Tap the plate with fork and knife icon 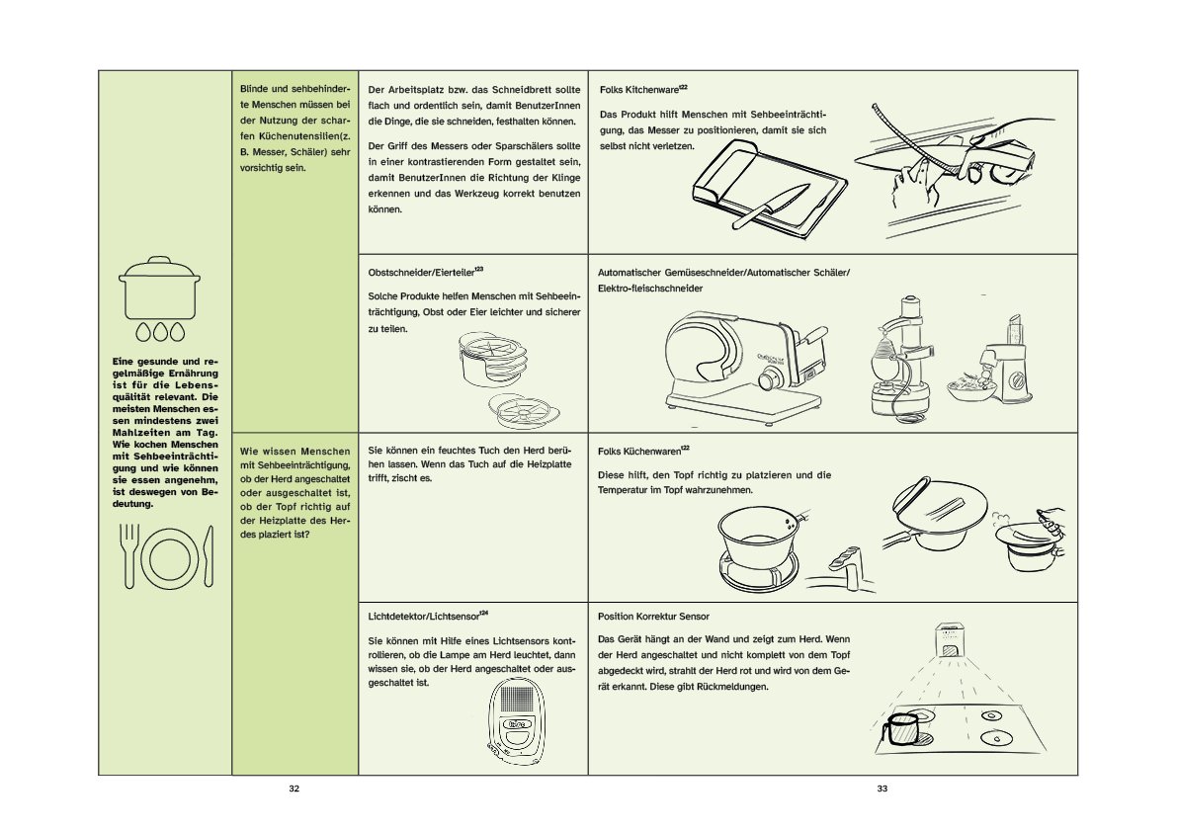(x=165, y=556)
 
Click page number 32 (x=294, y=789)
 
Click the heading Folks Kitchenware (x=642, y=89)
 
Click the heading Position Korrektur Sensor (x=653, y=616)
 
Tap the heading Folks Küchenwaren (x=642, y=452)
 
